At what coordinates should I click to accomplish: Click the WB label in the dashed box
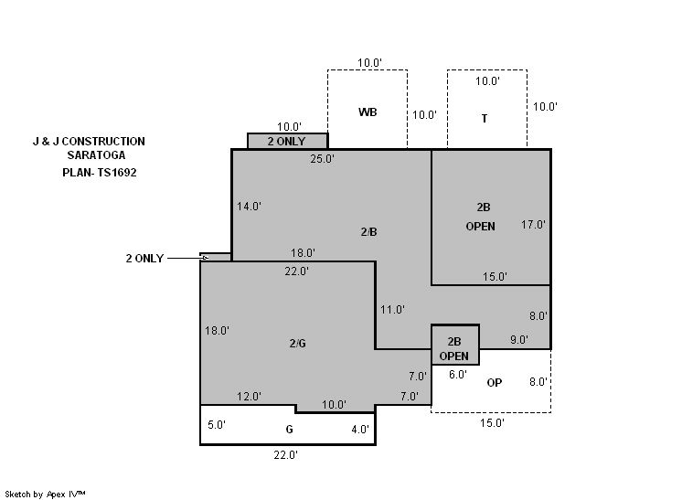(368, 112)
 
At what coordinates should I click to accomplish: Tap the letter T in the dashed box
(484, 118)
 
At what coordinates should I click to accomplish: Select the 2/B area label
(368, 232)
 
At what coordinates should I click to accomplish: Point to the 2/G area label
(297, 343)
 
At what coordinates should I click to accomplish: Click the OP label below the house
(494, 382)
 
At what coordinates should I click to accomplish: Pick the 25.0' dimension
(322, 159)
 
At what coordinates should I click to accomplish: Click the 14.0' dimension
(249, 207)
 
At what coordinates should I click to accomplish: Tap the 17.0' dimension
(533, 224)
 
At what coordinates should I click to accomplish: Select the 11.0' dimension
(392, 310)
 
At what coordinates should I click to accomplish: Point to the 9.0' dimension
(518, 340)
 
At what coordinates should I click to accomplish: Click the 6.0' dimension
(457, 374)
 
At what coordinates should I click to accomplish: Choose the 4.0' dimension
(360, 429)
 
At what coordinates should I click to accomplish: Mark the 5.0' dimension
(217, 425)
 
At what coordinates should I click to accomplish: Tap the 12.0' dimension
(250, 397)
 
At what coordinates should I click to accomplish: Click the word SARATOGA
(89, 156)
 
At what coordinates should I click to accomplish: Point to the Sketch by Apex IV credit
(59, 494)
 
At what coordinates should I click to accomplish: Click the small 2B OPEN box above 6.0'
(454, 345)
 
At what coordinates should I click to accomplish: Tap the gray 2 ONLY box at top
(288, 142)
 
